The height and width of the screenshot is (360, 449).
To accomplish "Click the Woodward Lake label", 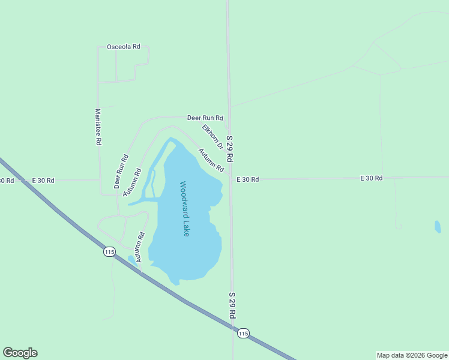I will [185, 209].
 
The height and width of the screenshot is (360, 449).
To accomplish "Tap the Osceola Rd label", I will [123, 47].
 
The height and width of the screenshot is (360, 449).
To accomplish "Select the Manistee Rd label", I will [97, 127].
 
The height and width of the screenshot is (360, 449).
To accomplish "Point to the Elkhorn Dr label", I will [212, 137].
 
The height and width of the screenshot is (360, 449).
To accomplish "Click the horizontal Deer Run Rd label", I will [205, 118].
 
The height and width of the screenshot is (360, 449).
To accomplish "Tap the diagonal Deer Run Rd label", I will [121, 172].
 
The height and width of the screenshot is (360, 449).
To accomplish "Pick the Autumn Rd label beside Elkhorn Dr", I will [211, 160].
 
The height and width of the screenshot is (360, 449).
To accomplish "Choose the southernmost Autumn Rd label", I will [140, 247].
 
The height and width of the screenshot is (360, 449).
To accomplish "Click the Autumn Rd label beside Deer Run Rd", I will [132, 183].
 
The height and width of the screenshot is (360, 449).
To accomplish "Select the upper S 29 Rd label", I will [230, 149].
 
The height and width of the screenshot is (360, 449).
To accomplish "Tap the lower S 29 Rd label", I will [231, 306].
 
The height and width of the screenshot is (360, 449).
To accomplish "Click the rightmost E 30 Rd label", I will [371, 178].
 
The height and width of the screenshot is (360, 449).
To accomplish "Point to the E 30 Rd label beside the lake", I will [247, 179].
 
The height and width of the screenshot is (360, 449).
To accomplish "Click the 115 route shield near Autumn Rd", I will [109, 252].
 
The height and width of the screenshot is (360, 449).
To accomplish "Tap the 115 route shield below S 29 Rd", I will [243, 333].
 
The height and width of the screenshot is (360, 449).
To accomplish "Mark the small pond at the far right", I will [438, 227].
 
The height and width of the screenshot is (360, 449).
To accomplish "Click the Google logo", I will [20, 353].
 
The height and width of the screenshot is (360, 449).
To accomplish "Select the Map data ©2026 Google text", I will [412, 355].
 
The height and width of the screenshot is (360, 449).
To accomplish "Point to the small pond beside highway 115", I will [131, 260].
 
